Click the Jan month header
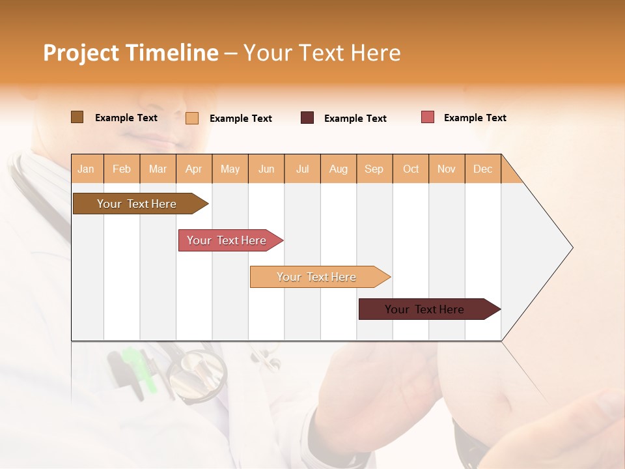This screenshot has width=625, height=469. tap(86, 169)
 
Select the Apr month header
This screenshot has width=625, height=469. tap(193, 169)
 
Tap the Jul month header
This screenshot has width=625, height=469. tap(302, 169)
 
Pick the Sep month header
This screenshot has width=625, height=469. tap(374, 169)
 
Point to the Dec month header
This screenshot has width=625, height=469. tap(482, 169)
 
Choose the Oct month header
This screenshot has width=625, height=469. tap(411, 169)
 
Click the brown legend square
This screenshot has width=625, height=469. tap(77, 117)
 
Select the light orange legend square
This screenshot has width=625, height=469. tap(192, 118)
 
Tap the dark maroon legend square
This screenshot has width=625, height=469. tap(307, 118)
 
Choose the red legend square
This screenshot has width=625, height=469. tap(428, 117)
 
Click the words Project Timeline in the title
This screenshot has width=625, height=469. tap(130, 53)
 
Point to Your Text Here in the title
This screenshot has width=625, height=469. tap(322, 53)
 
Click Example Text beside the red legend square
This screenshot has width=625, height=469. tap(475, 118)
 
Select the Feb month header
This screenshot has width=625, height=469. tap(122, 169)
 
